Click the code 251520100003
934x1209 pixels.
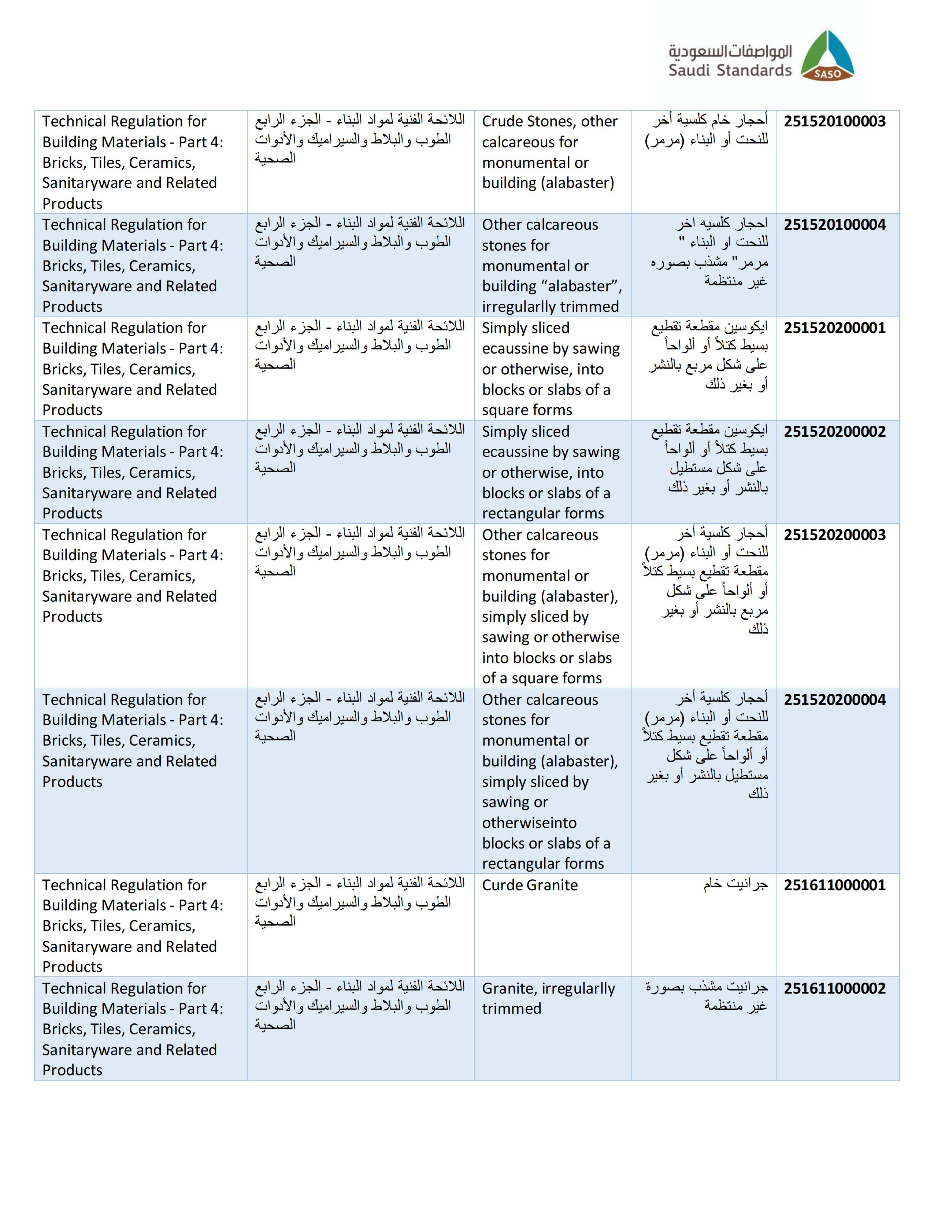834,121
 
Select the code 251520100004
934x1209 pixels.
834,225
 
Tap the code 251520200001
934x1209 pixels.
834,328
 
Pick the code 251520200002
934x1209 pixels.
834,431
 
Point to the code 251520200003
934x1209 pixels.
834,535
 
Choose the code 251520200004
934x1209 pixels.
834,700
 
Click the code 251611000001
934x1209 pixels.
834,885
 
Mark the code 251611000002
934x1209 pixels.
834,988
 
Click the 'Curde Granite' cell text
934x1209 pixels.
530,885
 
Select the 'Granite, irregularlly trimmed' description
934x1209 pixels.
548,998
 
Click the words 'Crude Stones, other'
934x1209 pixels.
549,121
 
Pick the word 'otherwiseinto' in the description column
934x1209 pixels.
529,822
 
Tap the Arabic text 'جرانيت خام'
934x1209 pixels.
735,884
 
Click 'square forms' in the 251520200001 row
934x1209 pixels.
527,410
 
